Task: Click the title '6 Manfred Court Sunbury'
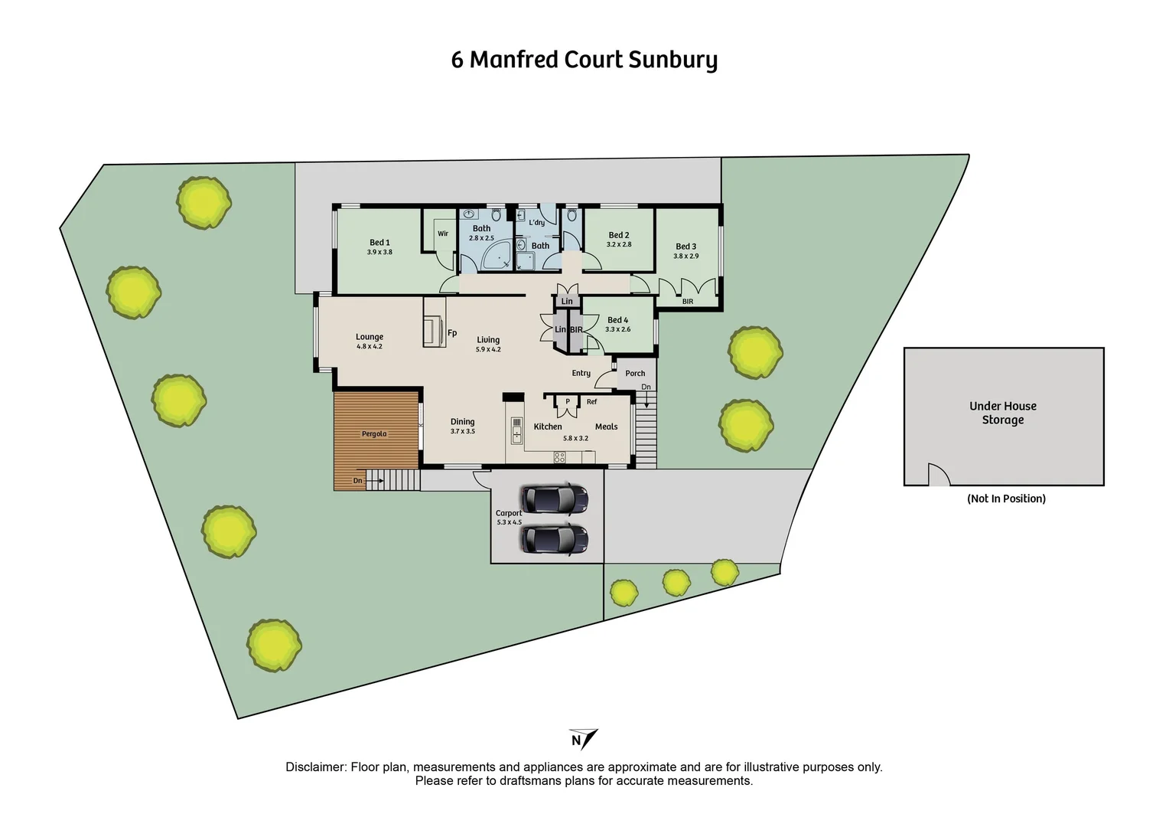pos(584,60)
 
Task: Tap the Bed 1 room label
pos(379,243)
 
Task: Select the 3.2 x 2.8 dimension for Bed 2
pos(619,245)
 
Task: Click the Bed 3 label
pos(685,247)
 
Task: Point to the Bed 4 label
pos(617,320)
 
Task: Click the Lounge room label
pos(370,337)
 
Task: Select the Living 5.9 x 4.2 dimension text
pos(488,350)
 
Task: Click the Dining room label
pos(462,422)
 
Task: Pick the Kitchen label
pos(548,427)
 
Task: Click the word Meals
pos(606,427)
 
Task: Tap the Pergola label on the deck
pos(374,434)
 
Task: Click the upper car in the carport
pos(554,498)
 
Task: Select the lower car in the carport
pos(554,539)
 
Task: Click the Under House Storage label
pos(1003,413)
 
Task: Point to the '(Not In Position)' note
pos(1006,498)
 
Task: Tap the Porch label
pos(635,374)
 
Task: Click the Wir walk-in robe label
pos(443,234)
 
